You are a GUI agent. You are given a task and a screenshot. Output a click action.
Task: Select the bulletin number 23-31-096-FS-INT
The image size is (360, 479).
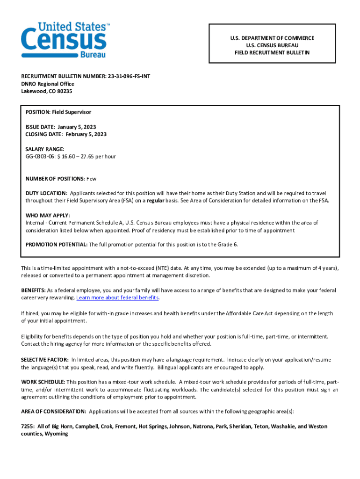[x=129, y=76]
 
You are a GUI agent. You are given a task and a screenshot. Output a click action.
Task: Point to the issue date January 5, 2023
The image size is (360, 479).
[x=77, y=127]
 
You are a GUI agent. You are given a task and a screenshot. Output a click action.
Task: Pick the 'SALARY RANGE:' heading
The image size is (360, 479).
[x=45, y=149]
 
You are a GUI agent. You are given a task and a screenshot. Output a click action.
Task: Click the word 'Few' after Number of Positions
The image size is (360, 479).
[x=91, y=179]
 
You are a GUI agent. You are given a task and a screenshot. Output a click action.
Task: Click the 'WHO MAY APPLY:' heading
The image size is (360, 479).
[x=48, y=216]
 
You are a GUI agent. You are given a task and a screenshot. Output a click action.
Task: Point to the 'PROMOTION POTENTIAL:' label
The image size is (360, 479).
[x=56, y=245]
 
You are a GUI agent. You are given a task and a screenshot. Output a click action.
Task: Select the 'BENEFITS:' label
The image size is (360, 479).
[x=33, y=290]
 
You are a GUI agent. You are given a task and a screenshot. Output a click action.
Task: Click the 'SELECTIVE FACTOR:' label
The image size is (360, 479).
[x=45, y=360]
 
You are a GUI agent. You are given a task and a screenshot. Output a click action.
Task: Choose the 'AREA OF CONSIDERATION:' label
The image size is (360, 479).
[x=53, y=412]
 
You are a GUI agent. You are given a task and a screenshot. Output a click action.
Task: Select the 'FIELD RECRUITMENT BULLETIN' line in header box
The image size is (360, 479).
[x=272, y=53]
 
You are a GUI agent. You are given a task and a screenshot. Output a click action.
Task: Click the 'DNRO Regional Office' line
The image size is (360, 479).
[x=48, y=84]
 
